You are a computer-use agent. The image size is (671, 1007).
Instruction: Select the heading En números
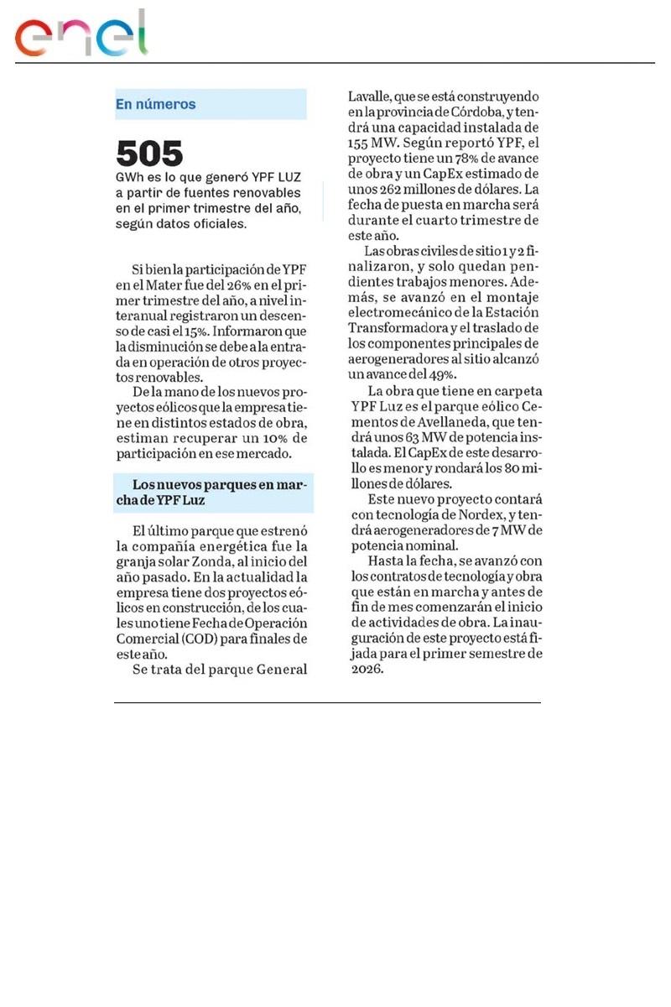[155, 105]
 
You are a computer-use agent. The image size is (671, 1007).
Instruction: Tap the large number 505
[149, 154]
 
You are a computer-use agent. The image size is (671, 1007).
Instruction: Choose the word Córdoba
[477, 112]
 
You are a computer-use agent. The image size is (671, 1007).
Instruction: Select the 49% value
[440, 374]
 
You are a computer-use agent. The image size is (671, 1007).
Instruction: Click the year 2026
[367, 668]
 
